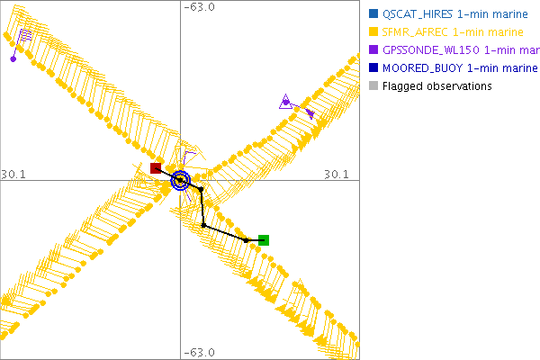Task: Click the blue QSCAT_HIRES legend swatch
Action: point(374,14)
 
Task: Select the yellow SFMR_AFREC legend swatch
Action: point(374,32)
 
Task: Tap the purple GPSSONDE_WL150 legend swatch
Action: point(374,50)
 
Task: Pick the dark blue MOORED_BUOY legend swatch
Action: point(374,68)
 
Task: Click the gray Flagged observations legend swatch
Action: point(374,86)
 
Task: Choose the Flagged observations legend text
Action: point(436,86)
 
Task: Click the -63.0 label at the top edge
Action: point(200,8)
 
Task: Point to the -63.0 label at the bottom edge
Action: point(200,352)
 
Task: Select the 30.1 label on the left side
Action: point(15,173)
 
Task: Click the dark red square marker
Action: point(156,168)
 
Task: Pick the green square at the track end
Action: point(264,240)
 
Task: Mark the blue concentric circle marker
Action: point(181,181)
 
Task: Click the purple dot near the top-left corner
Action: point(13,59)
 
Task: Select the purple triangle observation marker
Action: point(285,102)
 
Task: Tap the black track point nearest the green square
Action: point(247,239)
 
